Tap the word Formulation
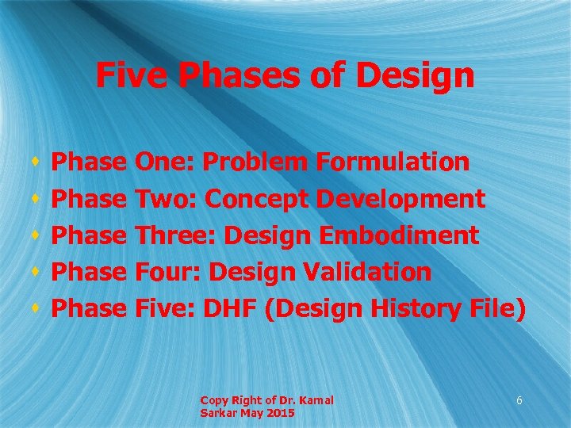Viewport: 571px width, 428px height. click(393, 162)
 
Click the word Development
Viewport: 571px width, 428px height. click(400, 199)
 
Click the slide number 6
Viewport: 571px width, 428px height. click(519, 401)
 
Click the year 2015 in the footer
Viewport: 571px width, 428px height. click(281, 414)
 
